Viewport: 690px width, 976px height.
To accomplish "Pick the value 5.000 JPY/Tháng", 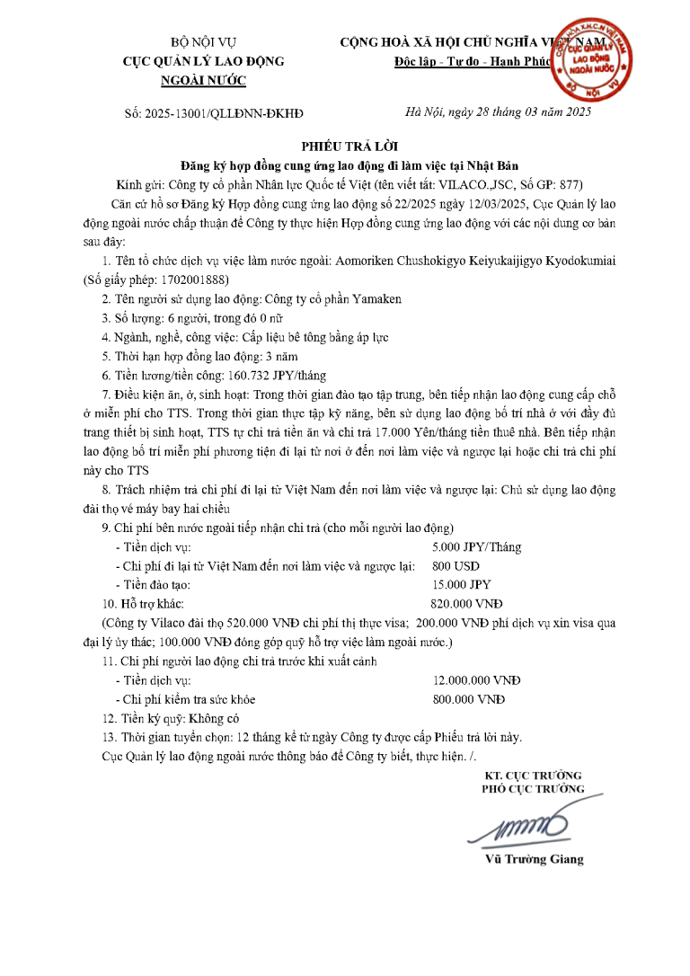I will click(x=476, y=546).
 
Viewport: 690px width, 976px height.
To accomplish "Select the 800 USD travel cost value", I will click(x=456, y=565).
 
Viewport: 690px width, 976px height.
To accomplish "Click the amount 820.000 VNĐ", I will click(x=467, y=604).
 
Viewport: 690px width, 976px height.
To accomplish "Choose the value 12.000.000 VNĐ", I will click(x=476, y=680).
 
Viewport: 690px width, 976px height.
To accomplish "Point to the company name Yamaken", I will click(x=376, y=298).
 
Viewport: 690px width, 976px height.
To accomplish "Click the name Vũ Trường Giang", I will click(x=534, y=858).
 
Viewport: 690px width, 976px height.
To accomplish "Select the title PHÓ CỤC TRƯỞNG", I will click(x=534, y=789).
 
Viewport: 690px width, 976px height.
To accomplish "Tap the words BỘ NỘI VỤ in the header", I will click(x=202, y=43).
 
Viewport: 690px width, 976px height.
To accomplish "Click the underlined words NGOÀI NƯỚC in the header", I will click(x=202, y=81).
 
